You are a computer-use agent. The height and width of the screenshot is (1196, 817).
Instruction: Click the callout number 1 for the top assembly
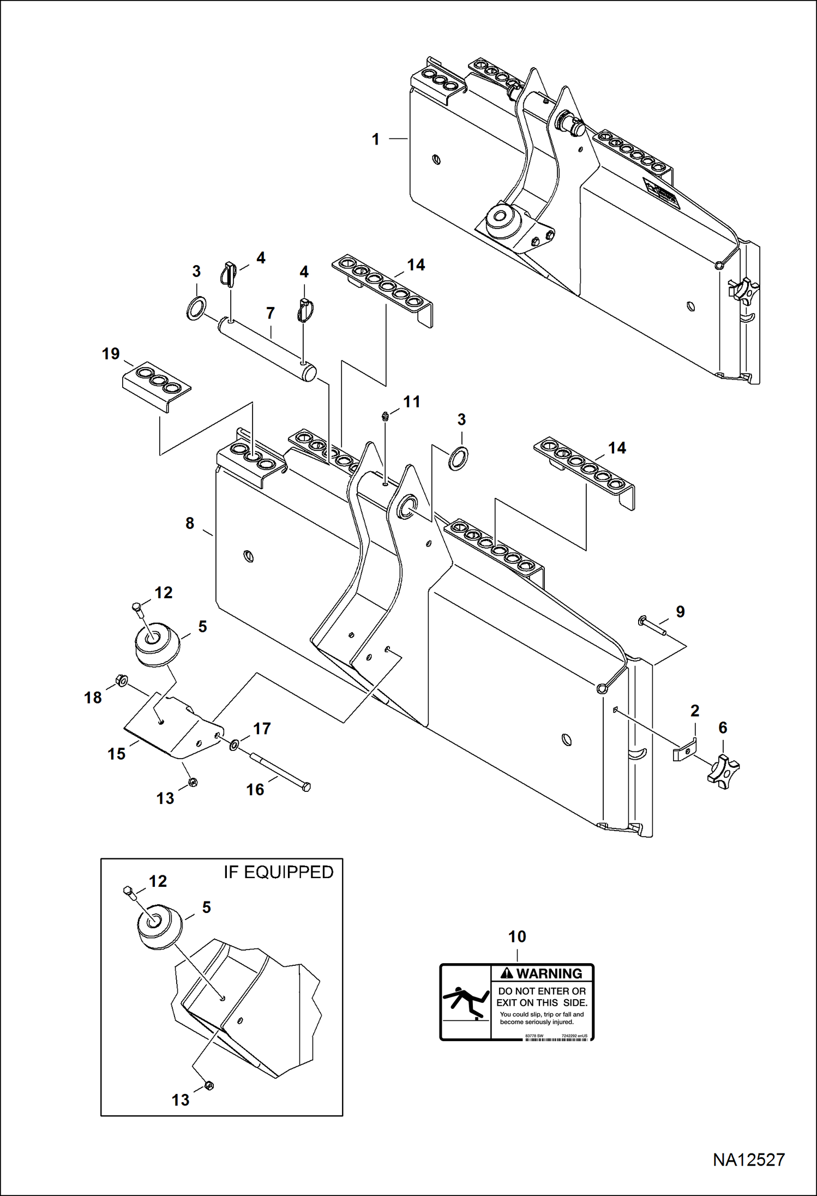tap(375, 140)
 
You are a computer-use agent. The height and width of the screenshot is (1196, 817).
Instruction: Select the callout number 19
tap(111, 354)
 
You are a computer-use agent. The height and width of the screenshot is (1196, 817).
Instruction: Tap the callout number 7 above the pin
tap(270, 313)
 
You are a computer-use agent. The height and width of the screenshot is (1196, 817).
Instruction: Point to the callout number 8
tap(190, 523)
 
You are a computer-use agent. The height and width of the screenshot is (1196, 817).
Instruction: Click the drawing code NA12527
tap(748, 1159)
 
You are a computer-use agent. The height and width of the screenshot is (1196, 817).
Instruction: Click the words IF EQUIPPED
tap(278, 872)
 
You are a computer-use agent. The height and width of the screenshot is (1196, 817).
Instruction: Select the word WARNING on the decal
tap(549, 973)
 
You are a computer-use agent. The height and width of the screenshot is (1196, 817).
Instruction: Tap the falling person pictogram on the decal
tap(464, 1002)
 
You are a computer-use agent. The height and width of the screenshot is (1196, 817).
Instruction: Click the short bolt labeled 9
tap(652, 626)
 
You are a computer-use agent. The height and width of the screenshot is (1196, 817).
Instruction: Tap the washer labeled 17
tap(234, 744)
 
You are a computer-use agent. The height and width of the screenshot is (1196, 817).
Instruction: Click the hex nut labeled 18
tap(122, 680)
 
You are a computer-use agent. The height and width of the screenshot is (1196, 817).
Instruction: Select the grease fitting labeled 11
tap(385, 417)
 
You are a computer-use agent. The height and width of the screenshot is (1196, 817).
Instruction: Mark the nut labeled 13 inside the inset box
tap(208, 1085)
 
